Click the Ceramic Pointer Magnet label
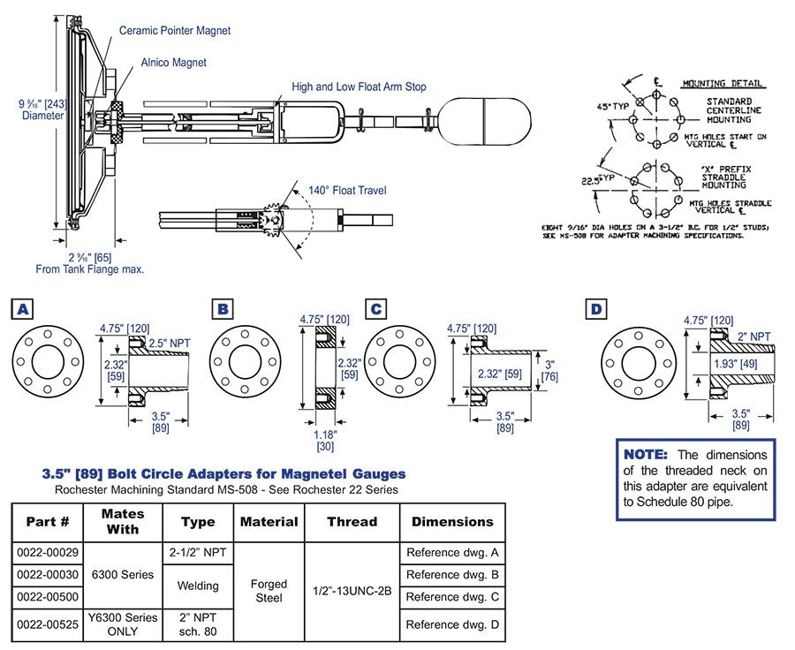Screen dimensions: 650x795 tap(175, 31)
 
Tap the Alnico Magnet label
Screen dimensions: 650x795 tap(173, 63)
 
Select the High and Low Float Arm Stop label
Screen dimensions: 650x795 tap(360, 87)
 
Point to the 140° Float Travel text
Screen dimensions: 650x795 tap(347, 190)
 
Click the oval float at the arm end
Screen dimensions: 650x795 tap(488, 117)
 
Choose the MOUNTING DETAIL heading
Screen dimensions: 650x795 tap(723, 84)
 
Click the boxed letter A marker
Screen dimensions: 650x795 tap(20, 308)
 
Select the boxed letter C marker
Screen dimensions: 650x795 tap(376, 308)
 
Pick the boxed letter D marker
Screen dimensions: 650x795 tap(596, 308)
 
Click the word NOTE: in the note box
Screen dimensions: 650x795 tap(648, 454)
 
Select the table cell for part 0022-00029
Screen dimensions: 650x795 tap(47, 553)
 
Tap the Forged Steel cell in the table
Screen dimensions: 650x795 tap(269, 590)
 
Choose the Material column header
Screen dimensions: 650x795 tap(269, 522)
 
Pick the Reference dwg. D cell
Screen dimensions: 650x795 tap(452, 624)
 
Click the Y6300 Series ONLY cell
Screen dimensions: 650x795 tap(123, 624)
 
